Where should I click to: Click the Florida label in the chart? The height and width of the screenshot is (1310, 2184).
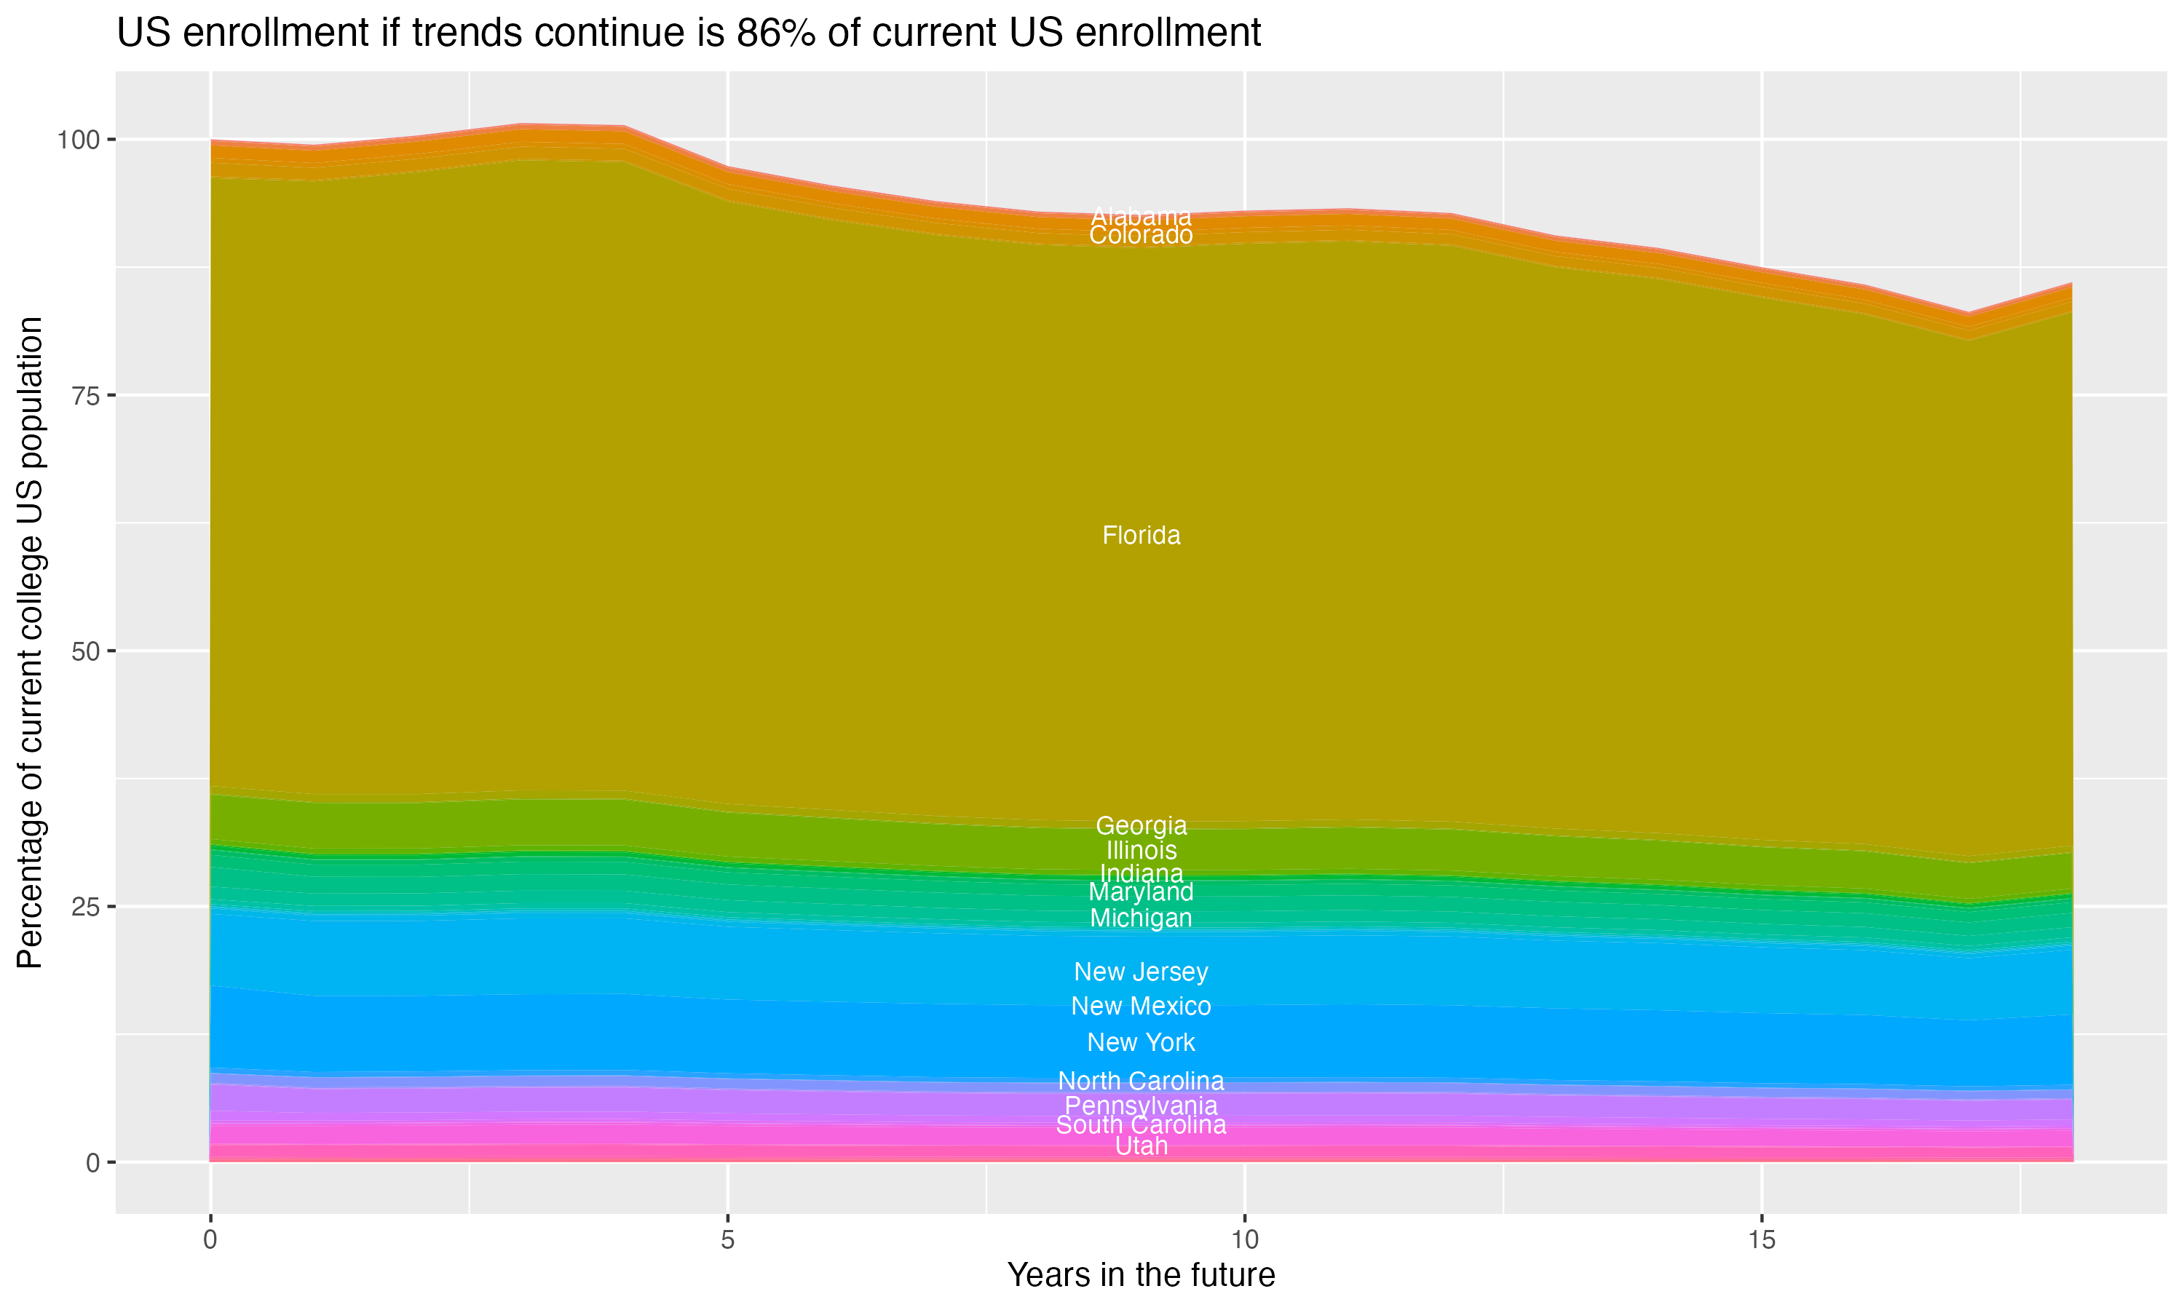(1141, 536)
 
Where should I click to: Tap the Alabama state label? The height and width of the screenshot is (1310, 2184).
(1141, 215)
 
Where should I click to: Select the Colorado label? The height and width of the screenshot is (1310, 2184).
(1141, 236)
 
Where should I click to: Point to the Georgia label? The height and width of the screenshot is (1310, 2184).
(1141, 826)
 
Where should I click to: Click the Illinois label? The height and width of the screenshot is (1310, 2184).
(1141, 851)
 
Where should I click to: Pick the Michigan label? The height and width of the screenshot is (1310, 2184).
(1141, 918)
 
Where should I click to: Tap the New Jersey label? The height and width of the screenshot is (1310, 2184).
(1141, 972)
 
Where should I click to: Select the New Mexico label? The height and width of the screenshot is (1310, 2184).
(1141, 1007)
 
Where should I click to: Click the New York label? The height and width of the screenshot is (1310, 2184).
(1141, 1042)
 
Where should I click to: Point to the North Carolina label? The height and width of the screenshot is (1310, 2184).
(1141, 1081)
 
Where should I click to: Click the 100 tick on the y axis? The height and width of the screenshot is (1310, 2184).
(80, 140)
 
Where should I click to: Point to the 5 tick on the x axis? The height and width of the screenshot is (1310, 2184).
(727, 1240)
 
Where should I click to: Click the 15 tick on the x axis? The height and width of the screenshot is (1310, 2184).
(1761, 1240)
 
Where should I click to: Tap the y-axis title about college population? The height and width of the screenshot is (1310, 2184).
(30, 643)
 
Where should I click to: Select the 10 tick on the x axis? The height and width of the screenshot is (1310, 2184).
(1244, 1240)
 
